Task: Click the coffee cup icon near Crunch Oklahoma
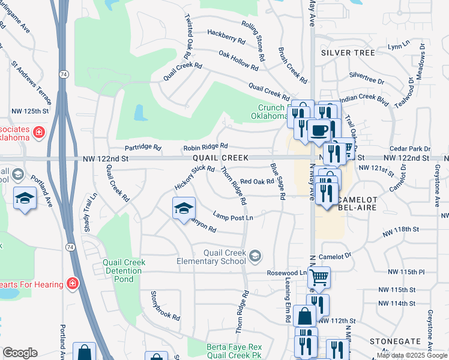pos(319,130)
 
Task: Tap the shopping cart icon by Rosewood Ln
pos(319,277)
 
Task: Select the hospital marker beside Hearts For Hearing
pos(73,283)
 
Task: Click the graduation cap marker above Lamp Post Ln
pos(184,208)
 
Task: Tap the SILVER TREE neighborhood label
pos(348,53)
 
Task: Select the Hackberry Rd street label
pos(226,37)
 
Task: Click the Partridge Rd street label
pos(143,147)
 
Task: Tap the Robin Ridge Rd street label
pos(206,146)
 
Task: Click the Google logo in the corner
pos(20,353)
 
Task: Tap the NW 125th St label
pos(31,111)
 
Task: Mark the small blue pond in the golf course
pos(139,112)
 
